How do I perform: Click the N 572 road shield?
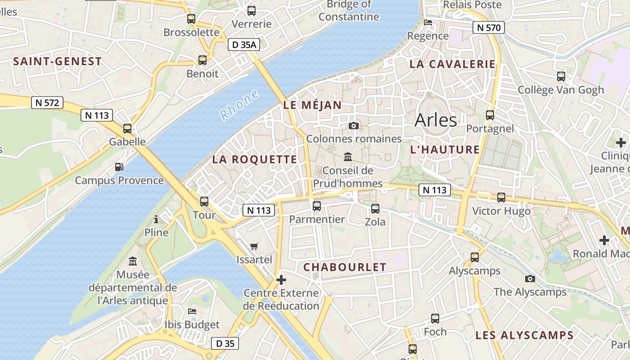point(47,103)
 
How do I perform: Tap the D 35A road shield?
point(244,45)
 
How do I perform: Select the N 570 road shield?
point(488,27)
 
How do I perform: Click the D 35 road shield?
point(225,343)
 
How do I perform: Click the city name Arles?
point(436,120)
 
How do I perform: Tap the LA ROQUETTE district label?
point(255,159)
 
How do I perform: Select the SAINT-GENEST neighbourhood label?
point(58,62)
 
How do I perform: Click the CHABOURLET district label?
point(345,267)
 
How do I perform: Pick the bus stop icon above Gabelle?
point(127,129)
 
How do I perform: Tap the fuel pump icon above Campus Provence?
point(119,167)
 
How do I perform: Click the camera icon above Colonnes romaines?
point(354,126)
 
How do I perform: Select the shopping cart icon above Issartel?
point(254,246)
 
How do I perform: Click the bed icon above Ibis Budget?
point(192,311)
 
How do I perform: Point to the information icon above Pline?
point(156,219)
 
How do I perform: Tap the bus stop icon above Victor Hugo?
point(501,197)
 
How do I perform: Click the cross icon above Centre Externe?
point(281,280)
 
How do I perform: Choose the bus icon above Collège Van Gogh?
point(561,76)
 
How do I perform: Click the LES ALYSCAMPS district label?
point(524,335)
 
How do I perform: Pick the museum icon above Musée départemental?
point(133,261)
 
